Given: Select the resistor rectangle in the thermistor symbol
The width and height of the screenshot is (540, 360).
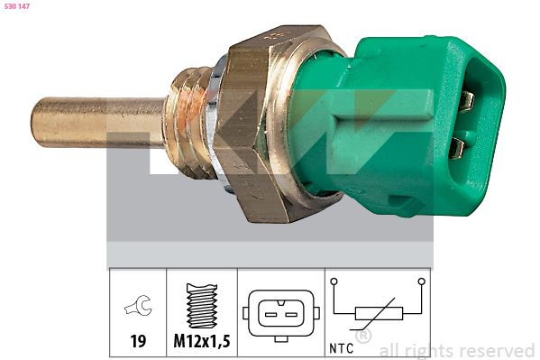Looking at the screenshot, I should coord(378,314).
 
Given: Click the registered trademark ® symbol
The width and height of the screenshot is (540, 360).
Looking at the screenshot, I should coord(362,337).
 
